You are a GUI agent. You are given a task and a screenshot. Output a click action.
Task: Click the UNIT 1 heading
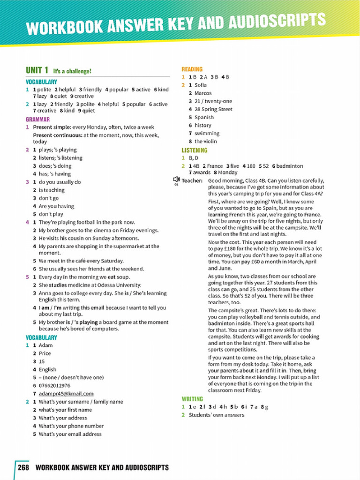[x=37, y=70]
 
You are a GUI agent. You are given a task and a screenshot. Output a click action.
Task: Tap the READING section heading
[x=192, y=69]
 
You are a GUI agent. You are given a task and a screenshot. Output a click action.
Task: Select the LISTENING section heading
[x=194, y=150]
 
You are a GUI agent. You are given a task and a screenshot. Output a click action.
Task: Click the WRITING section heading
[x=192, y=399]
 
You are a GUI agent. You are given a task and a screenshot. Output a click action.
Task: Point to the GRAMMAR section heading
[x=37, y=120]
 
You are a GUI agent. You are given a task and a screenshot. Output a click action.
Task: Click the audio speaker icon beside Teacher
[x=176, y=180]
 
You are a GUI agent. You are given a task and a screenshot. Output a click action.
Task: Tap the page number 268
[x=24, y=467]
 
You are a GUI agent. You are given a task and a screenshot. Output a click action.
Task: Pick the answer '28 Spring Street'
[x=213, y=109]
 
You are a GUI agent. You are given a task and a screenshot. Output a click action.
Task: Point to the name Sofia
[x=201, y=85]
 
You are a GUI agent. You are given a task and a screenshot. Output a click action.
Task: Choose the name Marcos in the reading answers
[x=203, y=93]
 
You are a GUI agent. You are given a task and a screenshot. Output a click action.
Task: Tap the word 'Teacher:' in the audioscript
[x=192, y=180]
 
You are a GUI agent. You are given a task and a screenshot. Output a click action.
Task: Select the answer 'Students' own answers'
[x=216, y=415]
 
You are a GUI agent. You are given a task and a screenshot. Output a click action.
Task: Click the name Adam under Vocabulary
[x=45, y=345]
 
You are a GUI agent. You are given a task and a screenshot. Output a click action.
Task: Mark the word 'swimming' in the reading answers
[x=207, y=133]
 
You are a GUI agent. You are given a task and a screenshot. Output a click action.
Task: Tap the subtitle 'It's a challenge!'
[x=72, y=71]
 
